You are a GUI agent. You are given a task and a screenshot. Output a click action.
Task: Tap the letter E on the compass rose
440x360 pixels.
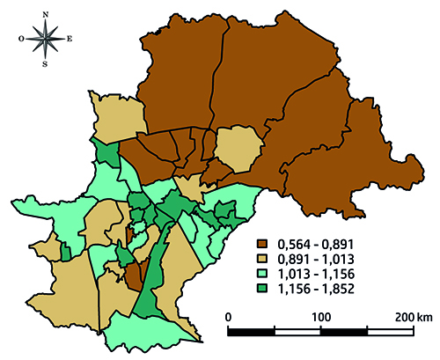pos(70,38)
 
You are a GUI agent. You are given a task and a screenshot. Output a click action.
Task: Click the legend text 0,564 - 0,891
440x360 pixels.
pos(313,244)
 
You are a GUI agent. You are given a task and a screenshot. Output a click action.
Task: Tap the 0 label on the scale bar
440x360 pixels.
pos(229,316)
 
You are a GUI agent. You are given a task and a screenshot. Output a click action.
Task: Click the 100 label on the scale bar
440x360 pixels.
pos(319,316)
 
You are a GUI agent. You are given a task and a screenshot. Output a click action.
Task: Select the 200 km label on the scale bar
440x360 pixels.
pos(414,316)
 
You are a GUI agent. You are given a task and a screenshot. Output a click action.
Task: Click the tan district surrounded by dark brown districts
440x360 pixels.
pos(238,147)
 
